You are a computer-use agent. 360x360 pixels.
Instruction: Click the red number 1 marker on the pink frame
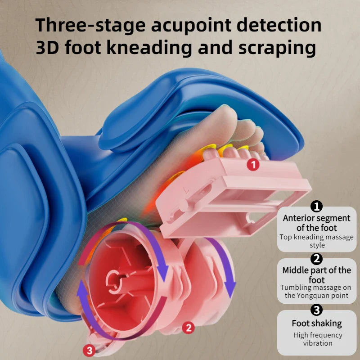click(x=253, y=165)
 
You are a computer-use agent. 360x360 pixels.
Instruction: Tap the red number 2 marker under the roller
click(x=189, y=328)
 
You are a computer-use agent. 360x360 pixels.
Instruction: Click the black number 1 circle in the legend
click(x=317, y=207)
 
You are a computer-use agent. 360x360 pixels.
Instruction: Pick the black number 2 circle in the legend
click(x=317, y=259)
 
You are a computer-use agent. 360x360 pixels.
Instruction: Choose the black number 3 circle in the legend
click(x=317, y=310)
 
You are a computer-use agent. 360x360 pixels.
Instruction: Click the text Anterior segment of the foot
click(x=317, y=223)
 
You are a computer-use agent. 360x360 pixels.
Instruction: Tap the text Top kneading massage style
click(x=317, y=241)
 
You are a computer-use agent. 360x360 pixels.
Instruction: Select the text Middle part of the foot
click(x=317, y=274)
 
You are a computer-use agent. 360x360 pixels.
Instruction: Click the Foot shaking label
click(x=317, y=323)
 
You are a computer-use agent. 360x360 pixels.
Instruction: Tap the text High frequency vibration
click(x=318, y=339)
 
